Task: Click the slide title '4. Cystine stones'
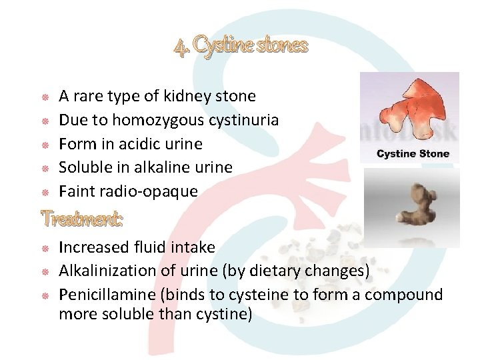241,46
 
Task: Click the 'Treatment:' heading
83,219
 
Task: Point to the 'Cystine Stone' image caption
413,154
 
